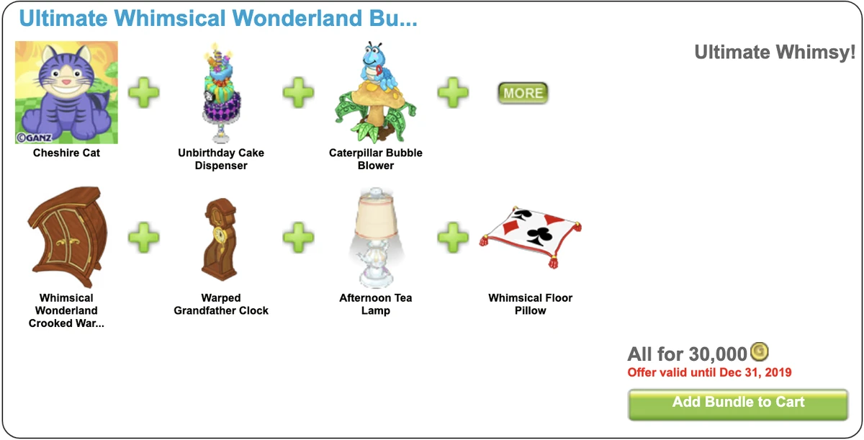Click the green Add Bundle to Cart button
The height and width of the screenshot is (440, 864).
tap(738, 404)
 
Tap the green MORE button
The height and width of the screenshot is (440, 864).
tap(523, 93)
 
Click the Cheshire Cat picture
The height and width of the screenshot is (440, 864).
tap(66, 92)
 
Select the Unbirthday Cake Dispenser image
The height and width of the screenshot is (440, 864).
tap(221, 92)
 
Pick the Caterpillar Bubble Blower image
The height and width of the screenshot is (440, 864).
tap(375, 92)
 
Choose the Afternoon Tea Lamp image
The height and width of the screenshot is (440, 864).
tap(375, 238)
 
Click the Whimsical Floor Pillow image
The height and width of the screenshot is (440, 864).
tap(530, 238)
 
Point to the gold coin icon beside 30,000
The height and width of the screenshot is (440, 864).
tap(760, 351)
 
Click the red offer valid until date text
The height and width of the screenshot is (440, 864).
tap(709, 372)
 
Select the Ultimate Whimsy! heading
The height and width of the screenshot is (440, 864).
tap(775, 53)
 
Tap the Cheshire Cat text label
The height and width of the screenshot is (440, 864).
tap(66, 153)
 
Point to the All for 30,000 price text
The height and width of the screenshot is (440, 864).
tap(687, 354)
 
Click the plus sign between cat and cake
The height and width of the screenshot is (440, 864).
tap(143, 93)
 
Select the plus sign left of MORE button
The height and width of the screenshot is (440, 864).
tap(453, 93)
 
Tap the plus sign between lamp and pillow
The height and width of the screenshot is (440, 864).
tap(453, 238)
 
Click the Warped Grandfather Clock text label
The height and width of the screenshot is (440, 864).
tap(221, 304)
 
